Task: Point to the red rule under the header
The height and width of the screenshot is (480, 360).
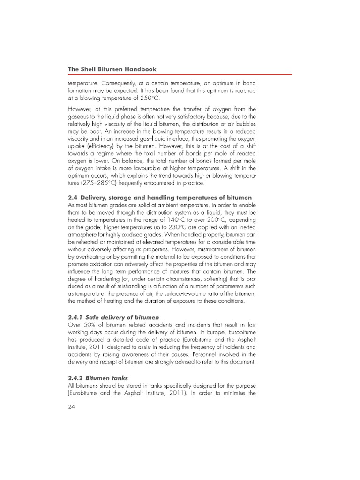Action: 180,75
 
